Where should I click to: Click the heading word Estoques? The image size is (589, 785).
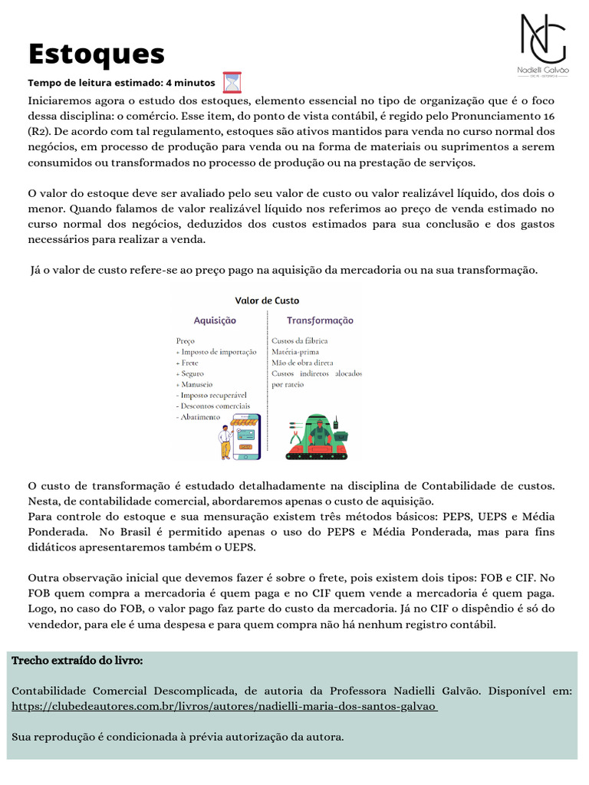(97, 54)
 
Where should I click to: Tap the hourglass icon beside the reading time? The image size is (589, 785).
(232, 82)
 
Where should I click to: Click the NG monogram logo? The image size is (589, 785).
(543, 38)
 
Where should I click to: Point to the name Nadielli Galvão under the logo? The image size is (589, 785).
(543, 71)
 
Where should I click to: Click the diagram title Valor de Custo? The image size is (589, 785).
(266, 301)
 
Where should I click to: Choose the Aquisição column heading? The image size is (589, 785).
(215, 320)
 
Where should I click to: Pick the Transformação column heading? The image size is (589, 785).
(320, 320)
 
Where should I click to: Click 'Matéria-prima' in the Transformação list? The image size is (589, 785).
(294, 351)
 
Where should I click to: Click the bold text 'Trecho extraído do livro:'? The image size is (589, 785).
(77, 660)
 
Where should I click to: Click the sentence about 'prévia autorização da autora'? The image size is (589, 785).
(178, 737)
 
